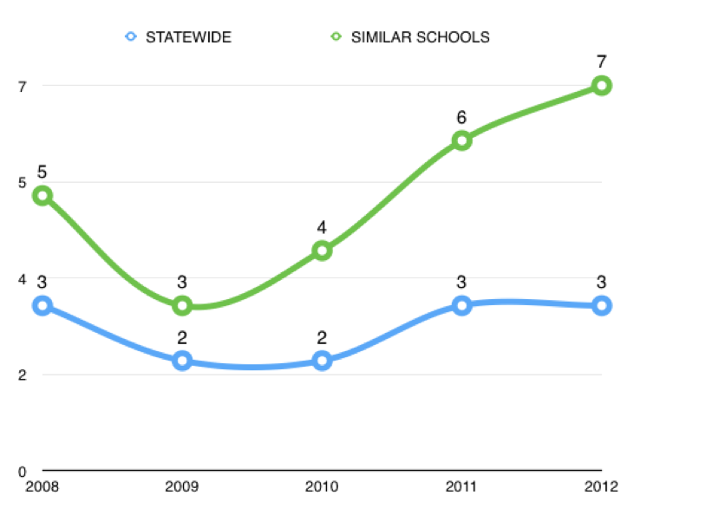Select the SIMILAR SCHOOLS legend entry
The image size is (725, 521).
409,37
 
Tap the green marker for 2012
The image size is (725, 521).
602,85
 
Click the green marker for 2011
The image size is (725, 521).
461,140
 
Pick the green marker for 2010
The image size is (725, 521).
322,251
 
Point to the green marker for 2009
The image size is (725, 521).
182,305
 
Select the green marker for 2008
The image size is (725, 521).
42,195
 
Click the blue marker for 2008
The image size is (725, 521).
42,305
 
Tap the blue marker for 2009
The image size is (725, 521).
182,361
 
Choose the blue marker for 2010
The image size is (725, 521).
322,361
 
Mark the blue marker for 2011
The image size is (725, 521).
461,305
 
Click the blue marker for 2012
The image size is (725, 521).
602,305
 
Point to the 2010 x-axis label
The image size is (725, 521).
322,486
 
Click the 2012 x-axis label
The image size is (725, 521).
601,486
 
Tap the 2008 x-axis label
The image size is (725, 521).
42,486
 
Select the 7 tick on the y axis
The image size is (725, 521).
23,86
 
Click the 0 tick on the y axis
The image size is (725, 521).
23,472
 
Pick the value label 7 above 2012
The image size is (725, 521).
602,62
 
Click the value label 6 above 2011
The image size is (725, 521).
462,117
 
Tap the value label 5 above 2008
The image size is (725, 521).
42,172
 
